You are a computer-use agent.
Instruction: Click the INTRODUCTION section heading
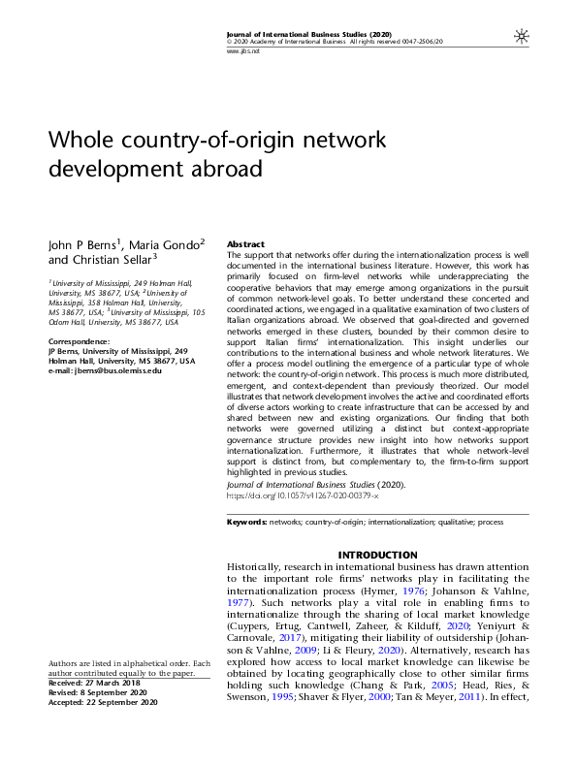[377, 555]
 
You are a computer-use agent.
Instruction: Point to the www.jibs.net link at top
[242, 50]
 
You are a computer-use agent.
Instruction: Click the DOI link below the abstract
[302, 495]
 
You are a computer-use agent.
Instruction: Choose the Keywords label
[246, 522]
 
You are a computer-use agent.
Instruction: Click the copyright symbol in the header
[229, 43]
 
